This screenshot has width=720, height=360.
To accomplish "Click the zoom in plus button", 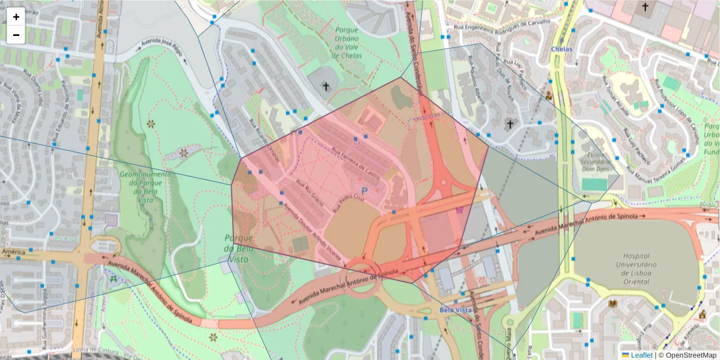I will (x=16, y=17).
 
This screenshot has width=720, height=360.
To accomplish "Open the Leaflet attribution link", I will (x=641, y=355).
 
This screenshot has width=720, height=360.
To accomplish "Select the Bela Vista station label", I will (x=455, y=310).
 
